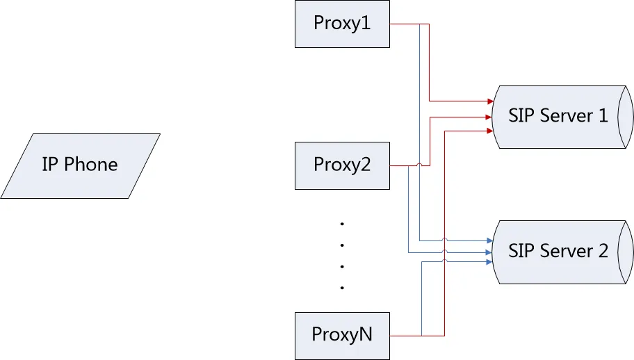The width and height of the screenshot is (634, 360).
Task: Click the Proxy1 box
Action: coord(341,24)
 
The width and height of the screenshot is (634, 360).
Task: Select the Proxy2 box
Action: coord(341,165)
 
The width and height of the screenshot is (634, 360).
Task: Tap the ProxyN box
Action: coord(341,335)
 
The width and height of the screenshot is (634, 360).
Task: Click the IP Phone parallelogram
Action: coord(80,165)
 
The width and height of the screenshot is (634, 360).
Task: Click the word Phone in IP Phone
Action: coord(91,165)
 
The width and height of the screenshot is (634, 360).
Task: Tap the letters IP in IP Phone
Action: coord(50,165)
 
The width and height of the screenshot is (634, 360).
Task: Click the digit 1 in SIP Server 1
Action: coord(602,115)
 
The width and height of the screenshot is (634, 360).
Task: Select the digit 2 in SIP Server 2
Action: coord(602,251)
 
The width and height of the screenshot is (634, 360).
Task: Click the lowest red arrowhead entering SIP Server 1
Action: coord(489,130)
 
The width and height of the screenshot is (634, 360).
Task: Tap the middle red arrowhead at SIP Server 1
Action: coord(489,117)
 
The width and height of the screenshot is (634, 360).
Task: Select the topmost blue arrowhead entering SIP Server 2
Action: coord(489,240)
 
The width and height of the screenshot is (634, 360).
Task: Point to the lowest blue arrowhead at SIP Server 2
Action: coord(489,262)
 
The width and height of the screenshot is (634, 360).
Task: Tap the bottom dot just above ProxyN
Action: coord(342,287)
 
